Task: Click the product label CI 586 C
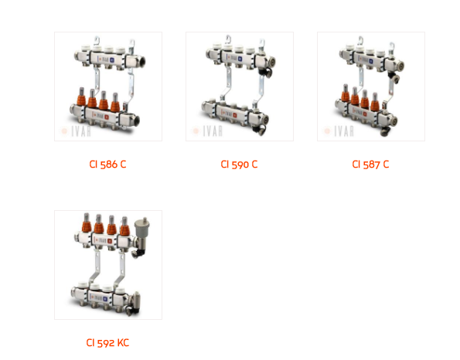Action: pyautogui.click(x=107, y=165)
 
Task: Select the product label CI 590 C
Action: pyautogui.click(x=239, y=165)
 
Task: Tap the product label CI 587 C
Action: pyautogui.click(x=370, y=165)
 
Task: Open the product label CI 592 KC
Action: pyautogui.click(x=107, y=342)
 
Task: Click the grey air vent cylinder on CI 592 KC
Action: pyautogui.click(x=142, y=228)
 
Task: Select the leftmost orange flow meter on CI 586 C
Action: pyautogui.click(x=81, y=97)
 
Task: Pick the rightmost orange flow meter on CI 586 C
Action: pyautogui.click(x=115, y=102)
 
